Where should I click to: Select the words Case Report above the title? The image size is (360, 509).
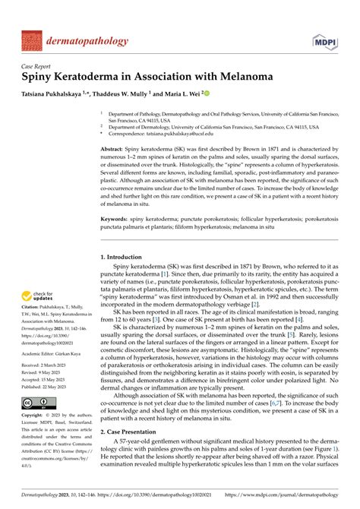tap(39, 66)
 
